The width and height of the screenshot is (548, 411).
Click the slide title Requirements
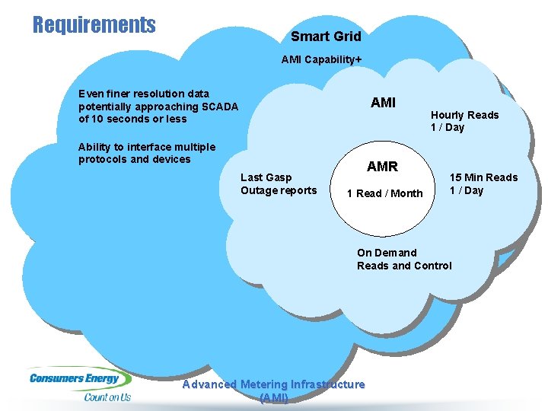[x=94, y=24]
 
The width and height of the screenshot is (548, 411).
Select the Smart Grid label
[x=326, y=36]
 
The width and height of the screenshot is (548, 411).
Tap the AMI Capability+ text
[x=321, y=59]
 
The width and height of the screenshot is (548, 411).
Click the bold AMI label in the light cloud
[x=383, y=103]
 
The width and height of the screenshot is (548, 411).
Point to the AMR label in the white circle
[x=382, y=167]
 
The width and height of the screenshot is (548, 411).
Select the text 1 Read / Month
[x=384, y=193]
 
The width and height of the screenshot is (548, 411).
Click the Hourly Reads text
[x=464, y=115]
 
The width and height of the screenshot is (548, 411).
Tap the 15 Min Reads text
[x=483, y=177]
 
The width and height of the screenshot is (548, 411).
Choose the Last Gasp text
[x=266, y=177]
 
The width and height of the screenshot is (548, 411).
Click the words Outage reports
[x=279, y=190]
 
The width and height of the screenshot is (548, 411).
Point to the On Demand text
[x=387, y=253]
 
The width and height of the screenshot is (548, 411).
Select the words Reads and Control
[x=404, y=266]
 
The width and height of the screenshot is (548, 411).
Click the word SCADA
[x=219, y=107]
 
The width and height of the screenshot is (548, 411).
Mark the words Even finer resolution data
[x=144, y=94]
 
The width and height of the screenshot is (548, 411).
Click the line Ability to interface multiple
[x=147, y=147]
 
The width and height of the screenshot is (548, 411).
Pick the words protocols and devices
[x=135, y=159]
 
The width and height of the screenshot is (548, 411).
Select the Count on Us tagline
[x=107, y=397]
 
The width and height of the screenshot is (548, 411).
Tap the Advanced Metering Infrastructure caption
[x=273, y=384]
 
